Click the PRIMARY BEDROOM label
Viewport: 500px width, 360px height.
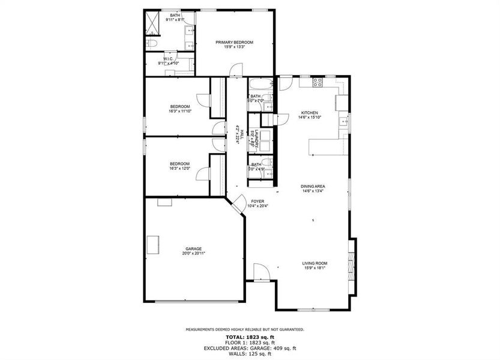tap(235, 42)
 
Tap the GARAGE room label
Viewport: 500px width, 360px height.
tap(193, 248)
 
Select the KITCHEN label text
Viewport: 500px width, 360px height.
tap(309, 112)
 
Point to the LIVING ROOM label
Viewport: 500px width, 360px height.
tap(315, 263)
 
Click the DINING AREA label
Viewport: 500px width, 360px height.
tap(313, 187)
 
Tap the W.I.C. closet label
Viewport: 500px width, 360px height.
tap(168, 59)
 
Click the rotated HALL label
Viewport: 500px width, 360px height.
tap(242, 138)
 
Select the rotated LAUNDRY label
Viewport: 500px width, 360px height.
tap(256, 139)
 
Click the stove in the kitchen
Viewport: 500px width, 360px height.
tap(317, 82)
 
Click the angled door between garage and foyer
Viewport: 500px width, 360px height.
tap(238, 203)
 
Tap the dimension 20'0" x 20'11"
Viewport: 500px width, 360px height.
tap(193, 253)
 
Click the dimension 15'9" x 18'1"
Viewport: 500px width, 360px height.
tap(315, 268)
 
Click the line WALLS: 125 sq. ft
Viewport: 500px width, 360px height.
tap(250, 353)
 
